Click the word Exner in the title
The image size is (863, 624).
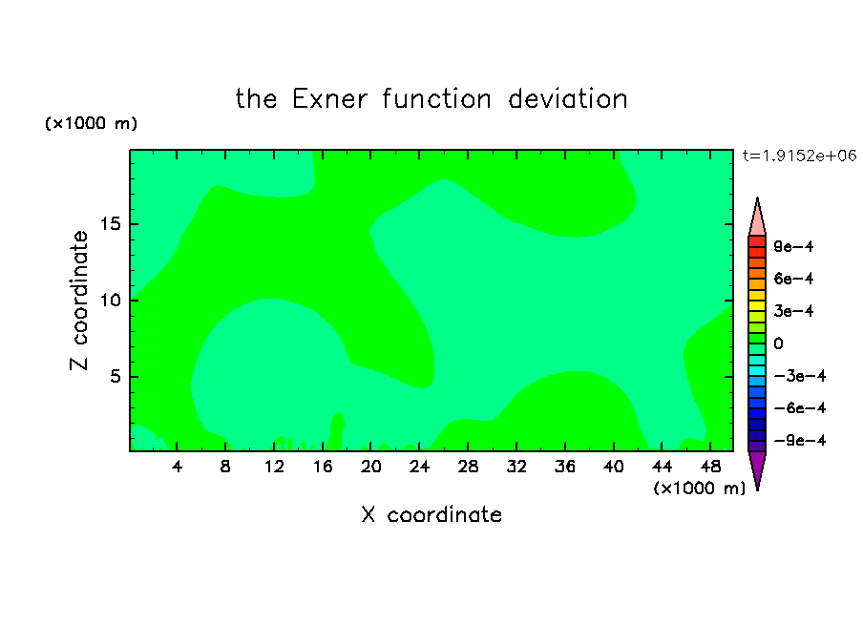click(x=329, y=99)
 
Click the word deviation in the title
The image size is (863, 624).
click(x=567, y=99)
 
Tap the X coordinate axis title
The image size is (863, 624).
click(x=431, y=514)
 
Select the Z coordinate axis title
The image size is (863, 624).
click(x=78, y=301)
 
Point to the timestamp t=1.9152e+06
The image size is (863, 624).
click(x=799, y=156)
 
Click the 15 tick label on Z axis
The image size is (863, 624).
click(x=110, y=224)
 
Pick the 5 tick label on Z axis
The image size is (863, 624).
click(x=115, y=376)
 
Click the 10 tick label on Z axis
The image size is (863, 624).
click(x=110, y=300)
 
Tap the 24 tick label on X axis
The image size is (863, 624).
click(x=419, y=467)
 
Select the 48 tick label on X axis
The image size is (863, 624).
click(x=710, y=467)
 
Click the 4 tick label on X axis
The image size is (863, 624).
click(x=177, y=467)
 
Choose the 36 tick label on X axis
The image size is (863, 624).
click(x=565, y=467)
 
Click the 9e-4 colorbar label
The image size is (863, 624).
click(x=793, y=246)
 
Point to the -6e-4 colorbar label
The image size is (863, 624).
click(x=799, y=408)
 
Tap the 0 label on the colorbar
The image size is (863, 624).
click(x=778, y=343)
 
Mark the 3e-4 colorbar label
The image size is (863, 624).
click(x=793, y=311)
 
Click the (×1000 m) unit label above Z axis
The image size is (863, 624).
click(x=91, y=123)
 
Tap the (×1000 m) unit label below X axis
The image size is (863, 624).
click(x=699, y=489)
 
